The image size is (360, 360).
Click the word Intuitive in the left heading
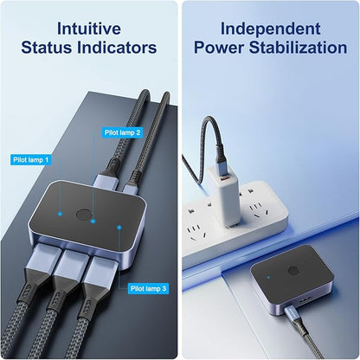point(89,29)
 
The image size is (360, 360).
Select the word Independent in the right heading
point(270,29)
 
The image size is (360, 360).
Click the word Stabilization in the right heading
point(298,48)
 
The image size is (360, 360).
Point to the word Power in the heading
point(219,48)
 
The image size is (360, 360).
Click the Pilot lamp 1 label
point(31,160)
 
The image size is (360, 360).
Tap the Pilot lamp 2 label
point(122,132)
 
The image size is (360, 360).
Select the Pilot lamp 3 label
point(148,288)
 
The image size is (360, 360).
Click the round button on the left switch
point(84,215)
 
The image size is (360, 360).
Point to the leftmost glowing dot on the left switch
point(60,214)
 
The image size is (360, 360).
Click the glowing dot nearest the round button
point(93,222)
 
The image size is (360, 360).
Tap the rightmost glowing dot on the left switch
point(119,228)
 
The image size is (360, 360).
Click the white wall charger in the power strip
point(225,197)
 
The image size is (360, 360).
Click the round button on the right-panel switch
point(293,271)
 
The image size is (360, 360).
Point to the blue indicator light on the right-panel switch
point(268,278)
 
